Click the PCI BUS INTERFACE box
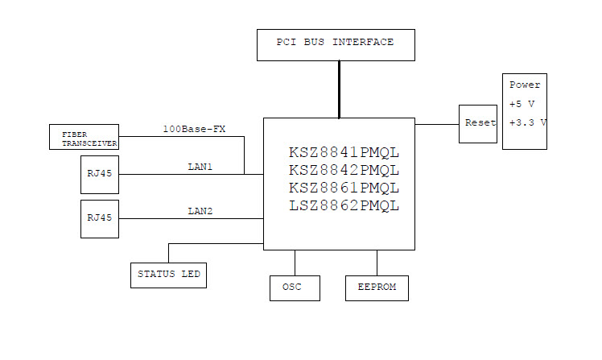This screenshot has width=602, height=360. [x=336, y=44]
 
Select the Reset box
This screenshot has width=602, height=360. [x=478, y=124]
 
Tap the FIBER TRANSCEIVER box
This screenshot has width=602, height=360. [x=84, y=137]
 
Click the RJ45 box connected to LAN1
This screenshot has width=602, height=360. [x=99, y=174]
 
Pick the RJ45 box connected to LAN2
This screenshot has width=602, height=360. [x=99, y=218]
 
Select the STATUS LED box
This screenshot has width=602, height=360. [x=168, y=275]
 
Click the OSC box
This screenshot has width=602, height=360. [x=295, y=288]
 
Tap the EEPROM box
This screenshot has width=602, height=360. [x=377, y=288]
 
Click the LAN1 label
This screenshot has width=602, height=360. [x=201, y=167]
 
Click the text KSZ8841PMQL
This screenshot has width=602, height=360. [x=344, y=152]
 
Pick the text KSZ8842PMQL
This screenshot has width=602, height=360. [x=344, y=170]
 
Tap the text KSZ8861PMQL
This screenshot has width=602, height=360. [x=344, y=188]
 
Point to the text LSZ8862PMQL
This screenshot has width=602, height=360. [x=344, y=205]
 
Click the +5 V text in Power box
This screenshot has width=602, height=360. [x=523, y=104]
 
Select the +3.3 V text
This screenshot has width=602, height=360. [x=528, y=122]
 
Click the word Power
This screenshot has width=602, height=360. [x=525, y=85]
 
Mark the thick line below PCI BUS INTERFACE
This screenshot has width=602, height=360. [x=339, y=89]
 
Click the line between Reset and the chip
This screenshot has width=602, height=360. [x=437, y=124]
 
